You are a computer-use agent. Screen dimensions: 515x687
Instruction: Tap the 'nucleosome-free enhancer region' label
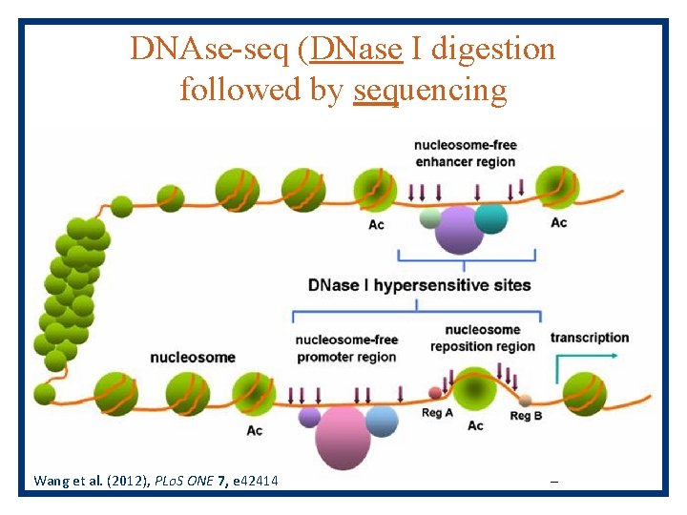point(465,154)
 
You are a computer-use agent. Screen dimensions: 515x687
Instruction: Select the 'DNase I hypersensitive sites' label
point(419,285)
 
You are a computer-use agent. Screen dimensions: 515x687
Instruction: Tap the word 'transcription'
point(590,338)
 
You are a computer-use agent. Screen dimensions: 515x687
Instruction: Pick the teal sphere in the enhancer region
point(491,217)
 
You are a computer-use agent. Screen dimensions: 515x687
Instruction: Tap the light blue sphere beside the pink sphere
point(382,421)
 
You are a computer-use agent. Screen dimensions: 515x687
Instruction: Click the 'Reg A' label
point(437,414)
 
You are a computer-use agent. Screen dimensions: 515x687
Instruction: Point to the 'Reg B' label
point(526,416)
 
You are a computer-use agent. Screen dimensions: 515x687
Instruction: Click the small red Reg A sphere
point(436,392)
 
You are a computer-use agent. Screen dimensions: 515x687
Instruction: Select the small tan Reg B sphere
point(525,400)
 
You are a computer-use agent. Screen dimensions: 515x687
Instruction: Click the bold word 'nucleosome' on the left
point(193,357)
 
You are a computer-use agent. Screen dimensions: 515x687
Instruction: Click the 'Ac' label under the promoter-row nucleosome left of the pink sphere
point(255,431)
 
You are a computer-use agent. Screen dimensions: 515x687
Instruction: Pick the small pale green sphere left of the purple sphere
point(430,219)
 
